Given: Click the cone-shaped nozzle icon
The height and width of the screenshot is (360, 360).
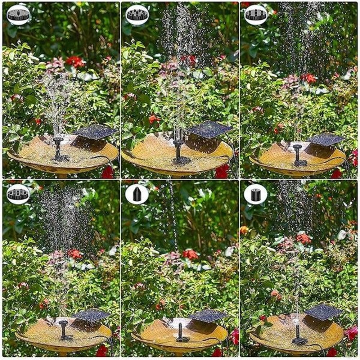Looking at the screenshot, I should (x=137, y=194).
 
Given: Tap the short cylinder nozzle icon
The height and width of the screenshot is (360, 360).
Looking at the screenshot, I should (x=256, y=194).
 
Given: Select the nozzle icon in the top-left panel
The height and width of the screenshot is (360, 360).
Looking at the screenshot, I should (x=18, y=15).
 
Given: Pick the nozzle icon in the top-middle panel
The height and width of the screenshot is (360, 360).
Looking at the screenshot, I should (x=137, y=15).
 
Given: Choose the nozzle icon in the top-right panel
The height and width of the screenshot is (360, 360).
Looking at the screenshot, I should (x=256, y=15).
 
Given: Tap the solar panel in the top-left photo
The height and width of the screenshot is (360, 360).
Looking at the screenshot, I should (x=95, y=131).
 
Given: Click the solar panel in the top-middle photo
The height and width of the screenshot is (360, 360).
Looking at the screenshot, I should (x=210, y=129).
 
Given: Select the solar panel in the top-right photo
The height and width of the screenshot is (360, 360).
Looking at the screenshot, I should (x=325, y=139).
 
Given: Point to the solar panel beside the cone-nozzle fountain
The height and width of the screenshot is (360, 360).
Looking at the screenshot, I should (x=208, y=316).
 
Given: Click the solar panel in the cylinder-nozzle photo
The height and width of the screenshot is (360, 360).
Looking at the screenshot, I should (x=323, y=312).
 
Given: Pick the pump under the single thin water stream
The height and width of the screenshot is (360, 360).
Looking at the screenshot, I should (x=181, y=333).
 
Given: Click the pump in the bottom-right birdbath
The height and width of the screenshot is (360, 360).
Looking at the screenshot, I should (x=298, y=335).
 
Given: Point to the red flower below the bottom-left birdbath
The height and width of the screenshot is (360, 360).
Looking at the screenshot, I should (x=102, y=351).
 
